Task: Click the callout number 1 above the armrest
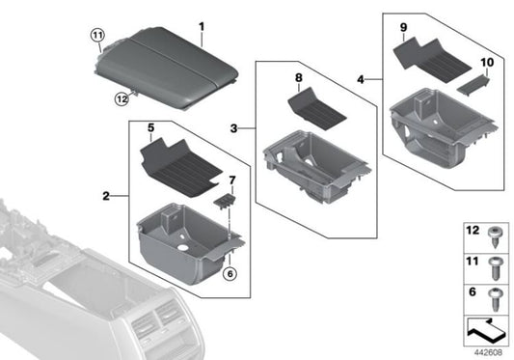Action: point(201,24)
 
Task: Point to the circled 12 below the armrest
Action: point(121,97)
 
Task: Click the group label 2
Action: point(104,197)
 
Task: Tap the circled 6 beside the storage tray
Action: point(229,274)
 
